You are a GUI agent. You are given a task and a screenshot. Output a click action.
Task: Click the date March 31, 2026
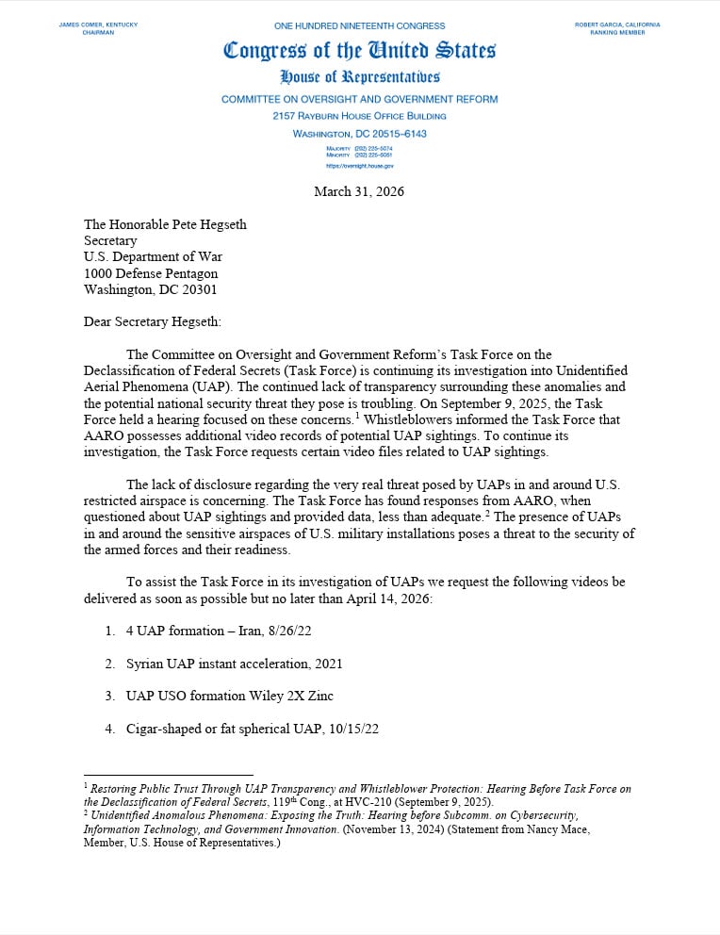click(x=359, y=191)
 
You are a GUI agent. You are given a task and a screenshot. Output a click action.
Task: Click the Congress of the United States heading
click(x=359, y=51)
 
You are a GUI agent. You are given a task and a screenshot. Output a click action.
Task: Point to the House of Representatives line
click(x=359, y=77)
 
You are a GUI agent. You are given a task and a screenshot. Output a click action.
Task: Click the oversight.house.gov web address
click(x=359, y=165)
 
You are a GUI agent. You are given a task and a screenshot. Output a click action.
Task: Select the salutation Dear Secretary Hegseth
click(x=153, y=321)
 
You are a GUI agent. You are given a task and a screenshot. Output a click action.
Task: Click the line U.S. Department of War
click(x=153, y=256)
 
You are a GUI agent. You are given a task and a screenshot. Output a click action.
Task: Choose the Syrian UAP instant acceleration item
click(x=234, y=664)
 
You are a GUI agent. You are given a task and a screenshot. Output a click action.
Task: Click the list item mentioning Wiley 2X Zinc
click(x=229, y=696)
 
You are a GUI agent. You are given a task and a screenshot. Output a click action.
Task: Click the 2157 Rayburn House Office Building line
click(x=359, y=116)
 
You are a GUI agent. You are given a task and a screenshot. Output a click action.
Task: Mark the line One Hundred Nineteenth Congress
click(x=359, y=25)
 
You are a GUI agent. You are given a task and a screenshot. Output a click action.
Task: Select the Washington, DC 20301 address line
click(x=150, y=289)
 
